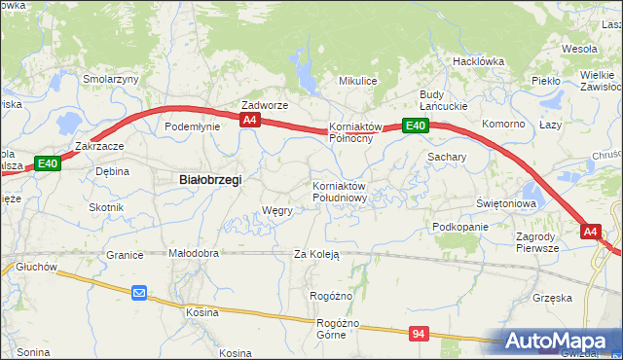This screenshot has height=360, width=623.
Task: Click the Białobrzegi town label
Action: [210, 179]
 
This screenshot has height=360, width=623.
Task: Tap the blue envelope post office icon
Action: [139, 291]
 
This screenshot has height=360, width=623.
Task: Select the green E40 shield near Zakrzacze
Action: [48, 163]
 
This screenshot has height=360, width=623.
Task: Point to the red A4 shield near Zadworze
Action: [250, 120]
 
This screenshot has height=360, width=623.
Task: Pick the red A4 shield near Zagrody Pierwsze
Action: [590, 232]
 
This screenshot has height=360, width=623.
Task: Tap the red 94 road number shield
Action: [419, 334]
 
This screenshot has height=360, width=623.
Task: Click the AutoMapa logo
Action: [559, 342]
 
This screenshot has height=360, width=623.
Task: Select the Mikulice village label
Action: [357, 81]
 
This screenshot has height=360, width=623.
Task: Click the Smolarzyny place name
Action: [111, 79]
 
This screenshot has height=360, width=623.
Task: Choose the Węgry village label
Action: [277, 210]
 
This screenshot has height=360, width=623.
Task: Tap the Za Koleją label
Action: [316, 255]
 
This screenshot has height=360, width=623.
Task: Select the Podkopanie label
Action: [460, 226]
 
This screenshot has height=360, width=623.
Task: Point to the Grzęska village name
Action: [552, 298]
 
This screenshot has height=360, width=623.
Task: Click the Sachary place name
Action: [447, 156]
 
